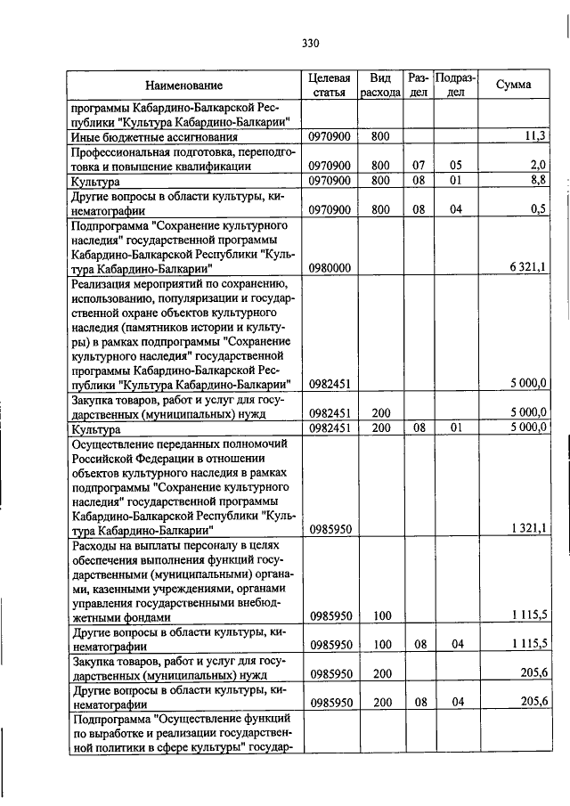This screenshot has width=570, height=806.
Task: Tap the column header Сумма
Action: (514, 85)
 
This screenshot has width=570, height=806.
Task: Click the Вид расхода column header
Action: (381, 85)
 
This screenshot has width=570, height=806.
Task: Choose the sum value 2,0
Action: (538, 166)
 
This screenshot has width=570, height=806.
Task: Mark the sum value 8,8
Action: (538, 181)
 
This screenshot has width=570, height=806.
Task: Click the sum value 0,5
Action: (538, 210)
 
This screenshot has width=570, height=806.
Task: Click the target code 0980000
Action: (330, 268)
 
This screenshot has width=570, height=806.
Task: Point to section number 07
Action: (419, 166)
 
